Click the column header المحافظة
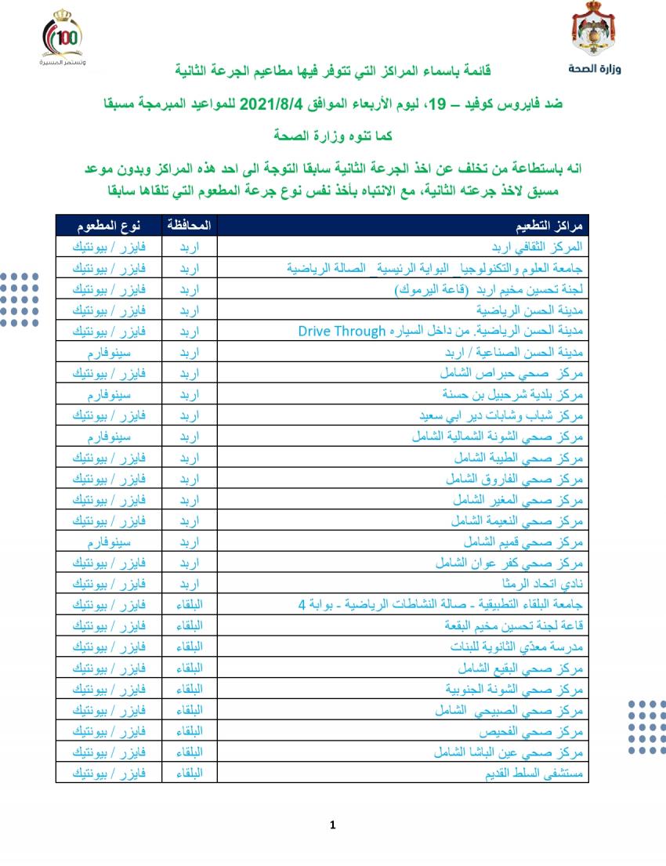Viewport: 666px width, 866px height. (189, 226)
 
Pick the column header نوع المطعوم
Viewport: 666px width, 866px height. (108, 226)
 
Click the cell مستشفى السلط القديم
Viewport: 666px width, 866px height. (528, 774)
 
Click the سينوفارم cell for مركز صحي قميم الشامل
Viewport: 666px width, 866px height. (108, 542)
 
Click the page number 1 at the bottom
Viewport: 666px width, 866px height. (333, 824)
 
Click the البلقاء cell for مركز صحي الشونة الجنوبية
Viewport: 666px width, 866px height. (189, 689)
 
